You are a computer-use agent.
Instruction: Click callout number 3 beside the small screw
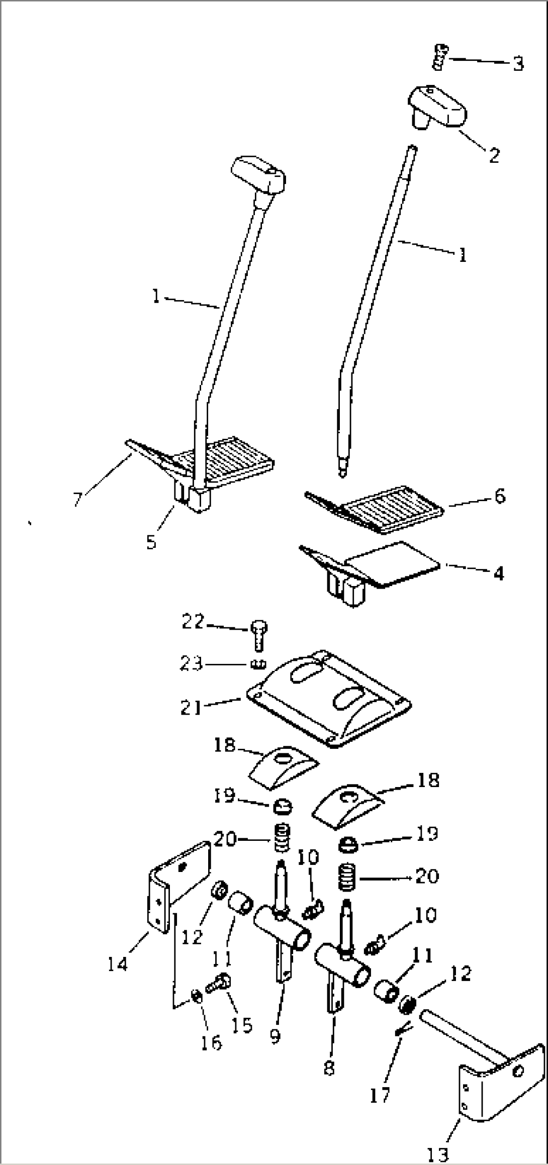click(518, 64)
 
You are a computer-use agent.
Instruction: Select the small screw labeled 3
click(440, 56)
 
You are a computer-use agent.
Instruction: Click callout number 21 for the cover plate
click(191, 708)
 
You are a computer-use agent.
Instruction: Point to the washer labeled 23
click(257, 665)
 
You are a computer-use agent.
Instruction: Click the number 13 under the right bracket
click(437, 1153)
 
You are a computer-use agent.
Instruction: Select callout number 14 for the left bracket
click(118, 963)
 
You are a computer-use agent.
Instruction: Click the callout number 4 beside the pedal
click(498, 573)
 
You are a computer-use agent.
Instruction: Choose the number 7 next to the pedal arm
click(77, 499)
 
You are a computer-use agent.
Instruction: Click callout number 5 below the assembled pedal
click(151, 542)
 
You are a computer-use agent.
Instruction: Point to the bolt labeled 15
click(219, 981)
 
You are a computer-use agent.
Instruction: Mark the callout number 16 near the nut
click(211, 1042)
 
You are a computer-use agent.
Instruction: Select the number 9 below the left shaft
click(275, 1035)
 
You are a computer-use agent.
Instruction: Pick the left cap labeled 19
click(283, 807)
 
